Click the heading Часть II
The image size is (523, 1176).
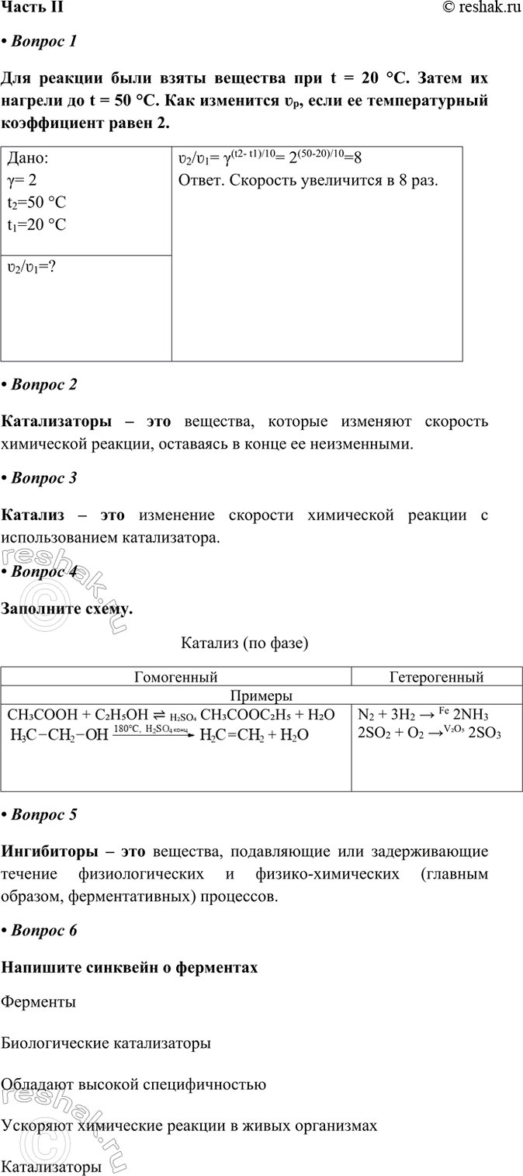pos(33,8)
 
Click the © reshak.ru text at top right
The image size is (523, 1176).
pos(482,8)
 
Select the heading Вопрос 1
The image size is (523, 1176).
pos(43,42)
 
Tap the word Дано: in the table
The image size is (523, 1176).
pos(28,158)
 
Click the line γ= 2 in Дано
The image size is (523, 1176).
pos(26,181)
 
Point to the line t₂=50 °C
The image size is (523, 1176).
pos(37,203)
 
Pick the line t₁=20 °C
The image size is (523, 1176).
pos(37,225)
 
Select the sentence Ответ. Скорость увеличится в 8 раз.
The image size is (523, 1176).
pos(308,181)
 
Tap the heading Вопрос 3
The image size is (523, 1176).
pos(43,478)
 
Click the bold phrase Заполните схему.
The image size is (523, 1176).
pos(68,609)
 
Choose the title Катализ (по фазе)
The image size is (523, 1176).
pos(245,644)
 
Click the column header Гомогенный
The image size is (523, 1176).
pos(176,677)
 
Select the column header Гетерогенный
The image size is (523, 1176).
pos(436,677)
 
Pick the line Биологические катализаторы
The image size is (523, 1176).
pos(106,1043)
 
